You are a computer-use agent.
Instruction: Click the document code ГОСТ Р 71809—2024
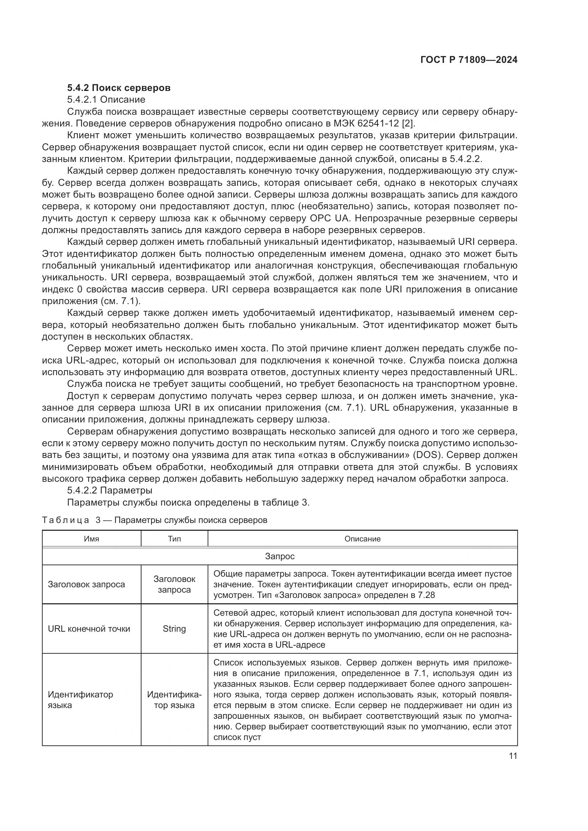point(469,60)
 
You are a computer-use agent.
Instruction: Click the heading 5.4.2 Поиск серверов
point(119,88)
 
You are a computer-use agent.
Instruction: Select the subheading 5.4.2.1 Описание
point(106,99)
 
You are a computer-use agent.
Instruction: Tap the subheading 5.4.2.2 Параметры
point(110,490)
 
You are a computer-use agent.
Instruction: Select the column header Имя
point(91,539)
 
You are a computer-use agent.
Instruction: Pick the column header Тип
point(174,539)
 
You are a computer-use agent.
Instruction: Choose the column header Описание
point(362,539)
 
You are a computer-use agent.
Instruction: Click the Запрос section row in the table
point(279,556)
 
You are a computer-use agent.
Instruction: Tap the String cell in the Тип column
point(174,629)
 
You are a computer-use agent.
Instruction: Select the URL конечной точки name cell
point(89,629)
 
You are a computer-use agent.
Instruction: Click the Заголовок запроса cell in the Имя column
point(86,584)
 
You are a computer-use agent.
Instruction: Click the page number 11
point(513,756)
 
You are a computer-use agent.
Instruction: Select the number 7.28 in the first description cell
point(426,595)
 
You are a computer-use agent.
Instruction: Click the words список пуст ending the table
point(237,737)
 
